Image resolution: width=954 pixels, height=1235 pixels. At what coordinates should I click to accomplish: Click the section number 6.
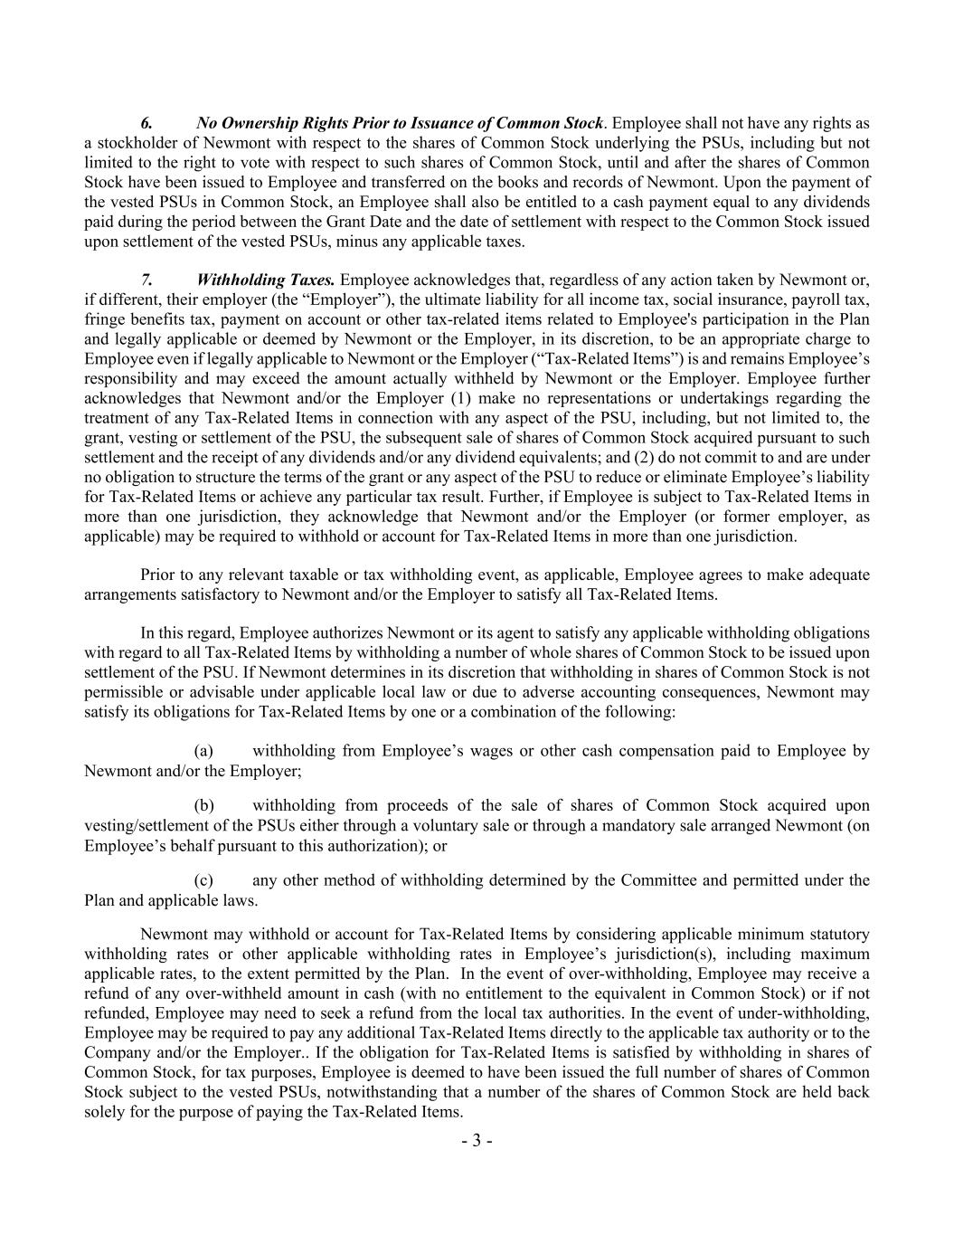[146, 123]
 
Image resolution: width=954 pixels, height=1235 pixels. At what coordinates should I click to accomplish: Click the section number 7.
[146, 280]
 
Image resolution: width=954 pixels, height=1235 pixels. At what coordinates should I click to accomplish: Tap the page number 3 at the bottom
[477, 1140]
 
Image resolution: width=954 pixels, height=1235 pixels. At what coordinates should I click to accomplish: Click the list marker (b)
[204, 805]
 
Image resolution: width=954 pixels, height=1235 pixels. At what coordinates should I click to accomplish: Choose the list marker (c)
[203, 880]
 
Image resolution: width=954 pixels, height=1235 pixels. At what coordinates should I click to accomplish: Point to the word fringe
[103, 319]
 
